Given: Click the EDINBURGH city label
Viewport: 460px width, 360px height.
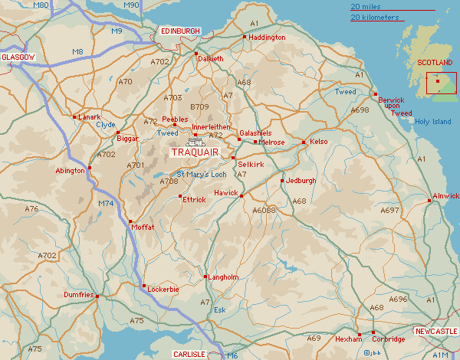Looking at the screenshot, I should point(181,31).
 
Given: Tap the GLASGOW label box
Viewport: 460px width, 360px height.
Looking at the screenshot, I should point(19,57).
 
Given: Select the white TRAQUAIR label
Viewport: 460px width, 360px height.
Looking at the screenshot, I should point(195,152).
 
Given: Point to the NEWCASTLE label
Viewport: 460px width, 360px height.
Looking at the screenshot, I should point(435,331).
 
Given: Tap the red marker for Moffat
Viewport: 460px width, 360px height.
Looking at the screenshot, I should point(130,221).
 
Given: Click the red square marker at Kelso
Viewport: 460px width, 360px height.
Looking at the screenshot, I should point(304,142).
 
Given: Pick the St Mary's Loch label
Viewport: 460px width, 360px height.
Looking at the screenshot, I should point(202,175).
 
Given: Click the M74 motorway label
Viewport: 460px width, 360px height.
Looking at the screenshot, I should point(107,204).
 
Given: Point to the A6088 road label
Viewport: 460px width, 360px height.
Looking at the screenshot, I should point(264,209).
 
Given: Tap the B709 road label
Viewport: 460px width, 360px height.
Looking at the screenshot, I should point(199,106).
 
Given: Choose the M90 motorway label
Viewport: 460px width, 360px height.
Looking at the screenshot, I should point(131,5).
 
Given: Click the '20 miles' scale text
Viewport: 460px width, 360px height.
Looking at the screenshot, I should point(365,6).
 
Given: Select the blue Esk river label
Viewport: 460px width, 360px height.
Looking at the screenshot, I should point(219,310).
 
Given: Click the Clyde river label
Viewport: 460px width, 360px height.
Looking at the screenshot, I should point(106,124).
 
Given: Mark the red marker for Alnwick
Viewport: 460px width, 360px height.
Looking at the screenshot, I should point(428,201).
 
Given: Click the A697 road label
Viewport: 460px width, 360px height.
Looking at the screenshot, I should point(390,210).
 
